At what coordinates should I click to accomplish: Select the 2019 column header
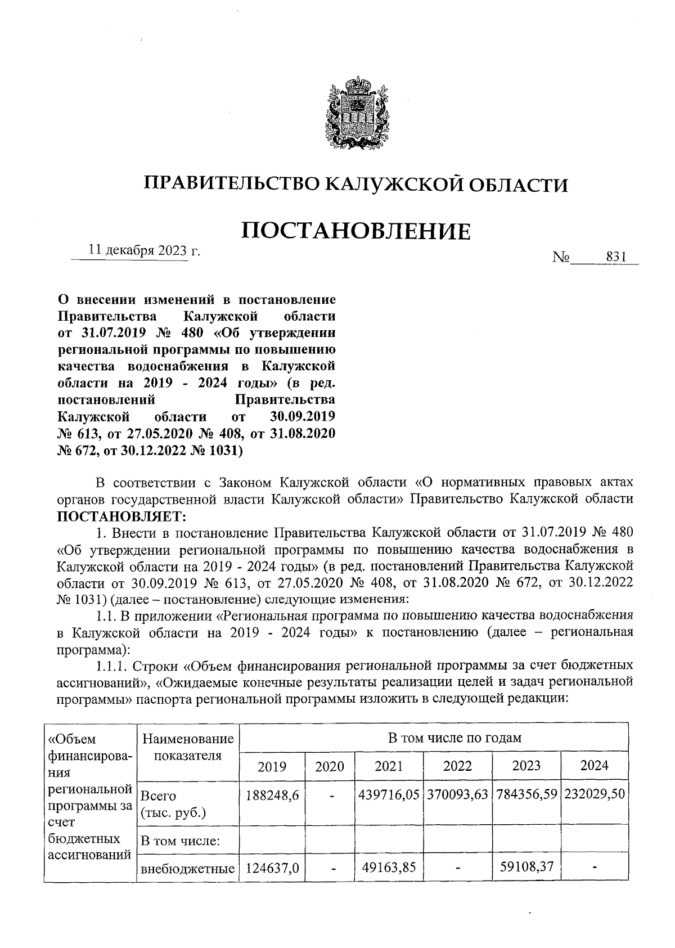pos(272,766)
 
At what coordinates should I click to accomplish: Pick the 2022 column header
pos(457,765)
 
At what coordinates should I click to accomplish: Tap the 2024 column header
pos(594,765)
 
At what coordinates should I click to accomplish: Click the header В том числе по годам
pos(454,737)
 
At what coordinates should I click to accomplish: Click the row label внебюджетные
pos(187,868)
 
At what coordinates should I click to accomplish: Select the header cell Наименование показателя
pos(187,747)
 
